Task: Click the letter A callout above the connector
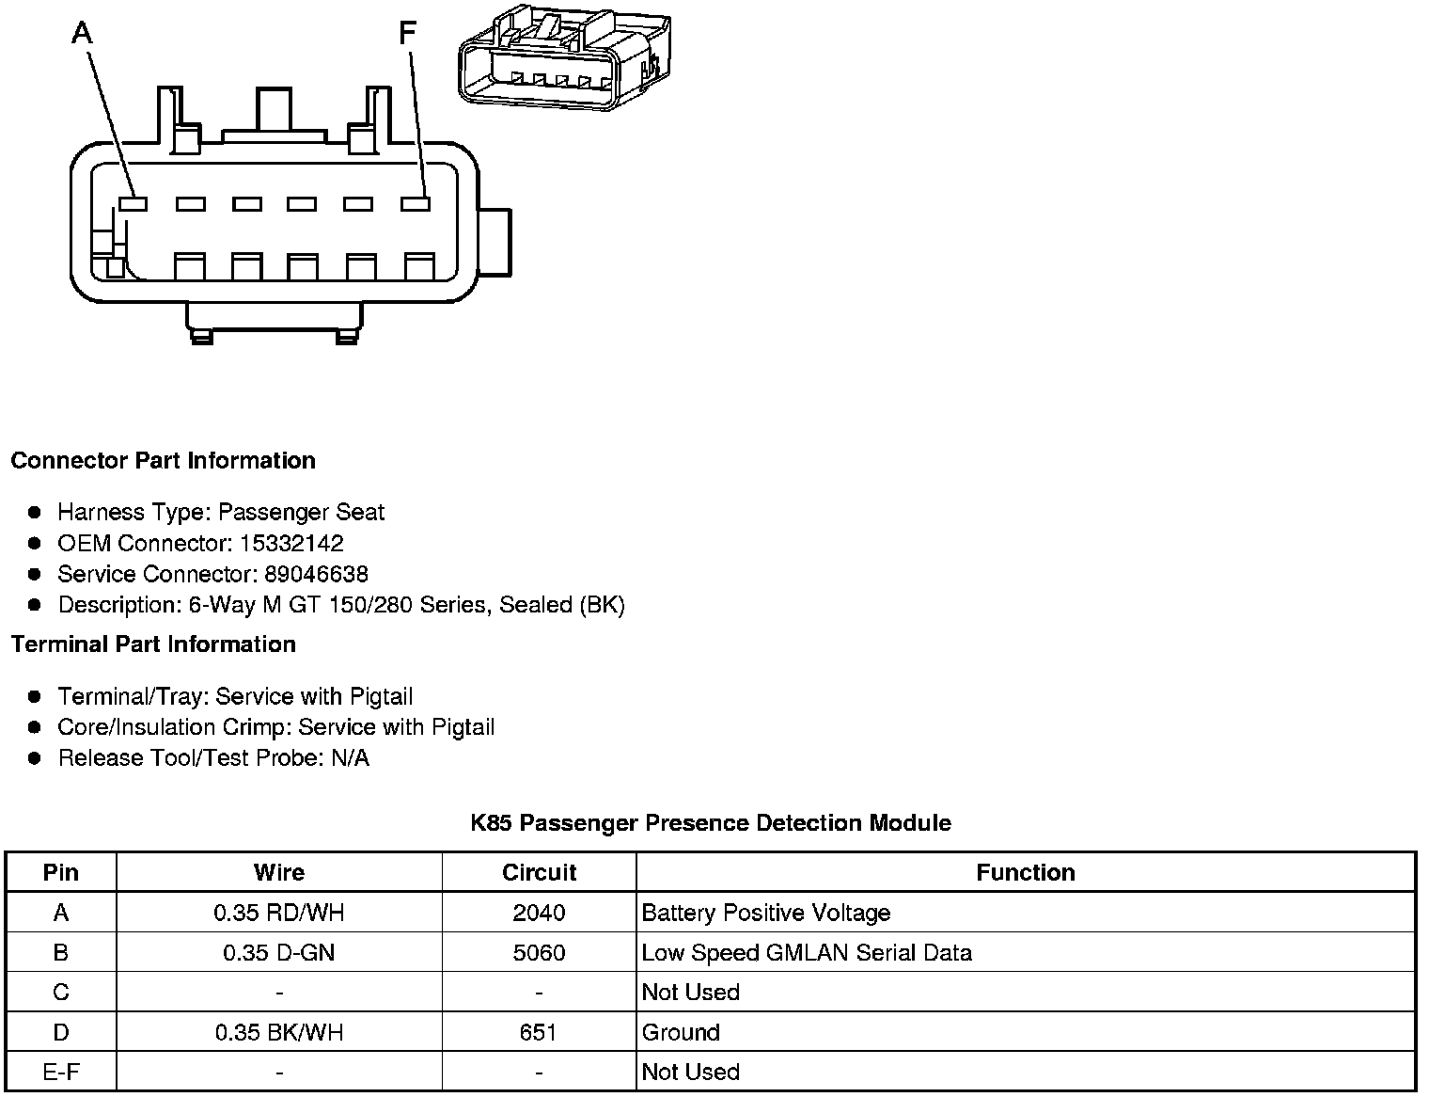83,34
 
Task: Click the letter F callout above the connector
406,34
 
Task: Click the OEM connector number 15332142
291,544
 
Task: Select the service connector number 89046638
316,575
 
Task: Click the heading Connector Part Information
163,461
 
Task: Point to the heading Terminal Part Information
153,644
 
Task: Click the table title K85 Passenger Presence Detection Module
711,823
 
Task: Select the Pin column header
61,873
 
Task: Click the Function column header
1025,873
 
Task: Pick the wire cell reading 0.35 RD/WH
279,913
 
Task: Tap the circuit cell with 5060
539,953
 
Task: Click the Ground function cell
681,1033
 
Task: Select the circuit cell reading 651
538,1033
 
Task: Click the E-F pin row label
61,1073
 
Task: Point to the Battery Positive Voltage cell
765,913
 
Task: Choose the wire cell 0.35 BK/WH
279,1033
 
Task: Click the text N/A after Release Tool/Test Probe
350,758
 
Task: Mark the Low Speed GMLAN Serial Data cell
806,953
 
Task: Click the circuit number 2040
539,913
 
